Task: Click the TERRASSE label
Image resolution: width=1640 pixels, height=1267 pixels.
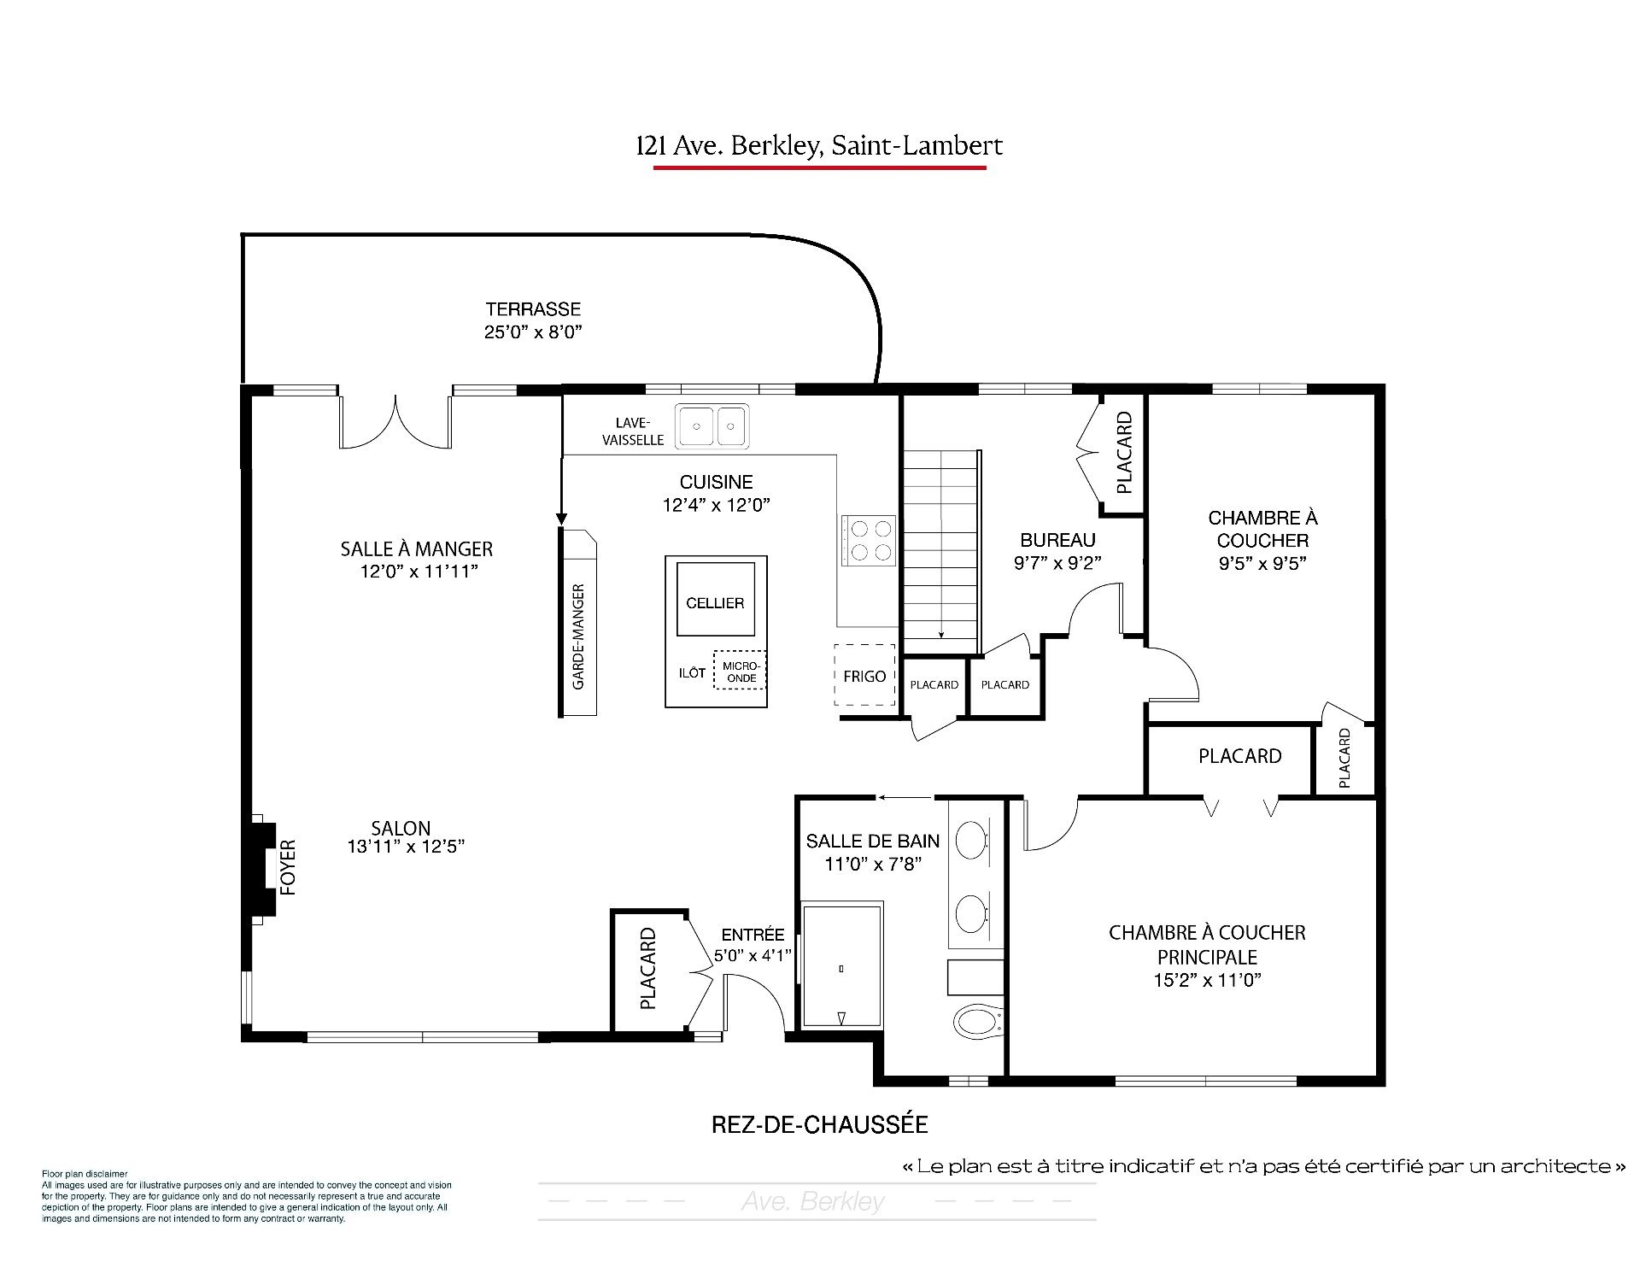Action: click(x=533, y=309)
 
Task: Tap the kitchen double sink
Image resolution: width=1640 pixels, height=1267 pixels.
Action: click(x=712, y=426)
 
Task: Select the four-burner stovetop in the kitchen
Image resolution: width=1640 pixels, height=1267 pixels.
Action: click(x=869, y=541)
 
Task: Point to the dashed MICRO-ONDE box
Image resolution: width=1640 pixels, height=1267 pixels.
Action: click(x=740, y=672)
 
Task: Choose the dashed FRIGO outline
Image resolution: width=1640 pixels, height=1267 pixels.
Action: click(x=864, y=675)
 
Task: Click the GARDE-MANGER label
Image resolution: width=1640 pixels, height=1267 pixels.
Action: click(x=578, y=636)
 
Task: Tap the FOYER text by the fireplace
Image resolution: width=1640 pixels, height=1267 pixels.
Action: click(x=288, y=867)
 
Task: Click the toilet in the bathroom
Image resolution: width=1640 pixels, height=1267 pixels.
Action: click(x=977, y=1020)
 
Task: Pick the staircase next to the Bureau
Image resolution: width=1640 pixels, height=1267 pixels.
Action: click(x=940, y=551)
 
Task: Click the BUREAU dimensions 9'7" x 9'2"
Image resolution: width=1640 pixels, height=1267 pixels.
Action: click(x=1057, y=562)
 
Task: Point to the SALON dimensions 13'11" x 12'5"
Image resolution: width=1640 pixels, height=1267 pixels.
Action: click(x=406, y=847)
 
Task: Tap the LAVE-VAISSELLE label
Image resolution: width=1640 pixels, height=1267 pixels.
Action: click(x=633, y=431)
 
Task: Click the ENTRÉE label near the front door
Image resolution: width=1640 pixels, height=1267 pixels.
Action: click(x=753, y=935)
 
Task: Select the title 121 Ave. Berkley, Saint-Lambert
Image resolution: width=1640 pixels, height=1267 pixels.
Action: click(x=819, y=146)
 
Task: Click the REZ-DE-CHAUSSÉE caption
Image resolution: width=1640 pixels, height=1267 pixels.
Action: click(x=819, y=1124)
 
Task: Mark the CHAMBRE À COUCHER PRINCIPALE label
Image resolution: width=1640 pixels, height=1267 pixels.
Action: click(x=1207, y=945)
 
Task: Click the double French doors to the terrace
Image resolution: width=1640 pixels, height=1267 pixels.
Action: click(x=395, y=419)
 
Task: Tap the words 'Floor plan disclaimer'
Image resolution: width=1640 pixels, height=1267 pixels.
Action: click(x=85, y=1174)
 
